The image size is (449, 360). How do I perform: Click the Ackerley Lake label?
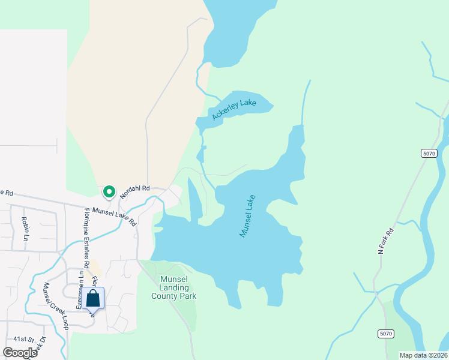coord(234,109)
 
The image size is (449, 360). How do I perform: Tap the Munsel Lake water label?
coord(247,215)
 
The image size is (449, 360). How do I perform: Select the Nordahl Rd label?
coord(134,190)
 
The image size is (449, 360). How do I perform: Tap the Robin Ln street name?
coord(25,229)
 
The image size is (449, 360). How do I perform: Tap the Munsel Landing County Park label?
coord(174,287)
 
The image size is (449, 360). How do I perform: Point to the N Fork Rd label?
coord(385,241)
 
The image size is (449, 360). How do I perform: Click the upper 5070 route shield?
coord(429,154)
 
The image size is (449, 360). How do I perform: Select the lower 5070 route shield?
coord(385,333)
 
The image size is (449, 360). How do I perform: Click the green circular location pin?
coord(109,191)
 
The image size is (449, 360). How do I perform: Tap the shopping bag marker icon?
coord(93,298)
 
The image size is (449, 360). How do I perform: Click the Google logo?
coord(20,353)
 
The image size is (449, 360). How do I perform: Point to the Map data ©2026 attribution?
coord(423,355)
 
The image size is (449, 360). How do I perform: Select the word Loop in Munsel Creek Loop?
coord(63,322)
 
